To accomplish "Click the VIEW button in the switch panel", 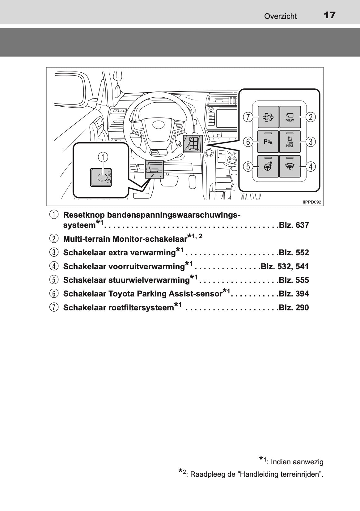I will (x=290, y=117).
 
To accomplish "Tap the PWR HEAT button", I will (x=290, y=142).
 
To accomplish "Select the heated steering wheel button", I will (x=268, y=166).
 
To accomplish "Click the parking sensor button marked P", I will (x=268, y=142).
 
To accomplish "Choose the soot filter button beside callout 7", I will (x=268, y=117).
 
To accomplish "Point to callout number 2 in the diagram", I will (x=311, y=117).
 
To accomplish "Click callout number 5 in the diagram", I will (x=248, y=166).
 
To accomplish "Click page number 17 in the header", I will (x=330, y=15).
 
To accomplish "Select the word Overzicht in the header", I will (x=280, y=16).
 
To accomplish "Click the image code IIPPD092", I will (x=312, y=202).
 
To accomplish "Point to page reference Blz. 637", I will (x=294, y=225).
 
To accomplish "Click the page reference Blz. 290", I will (x=294, y=308).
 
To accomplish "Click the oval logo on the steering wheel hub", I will (x=159, y=125).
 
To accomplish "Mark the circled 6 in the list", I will (x=53, y=294).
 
